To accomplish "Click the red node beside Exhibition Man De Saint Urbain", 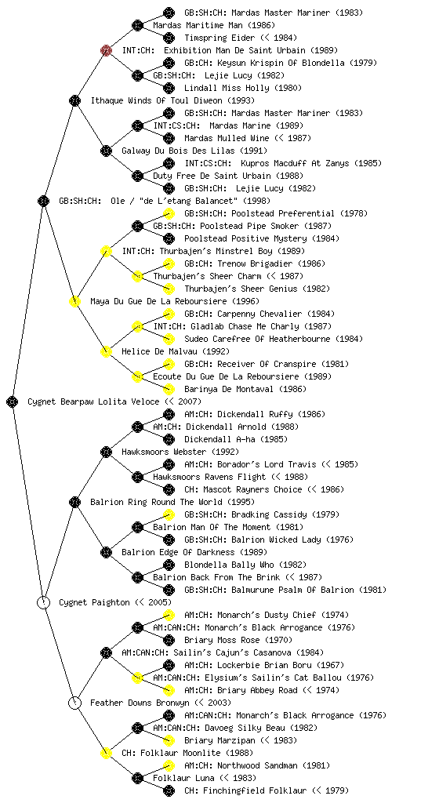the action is point(106,50).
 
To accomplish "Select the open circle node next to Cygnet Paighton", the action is point(43,602).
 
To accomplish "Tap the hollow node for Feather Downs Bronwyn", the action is point(74,703).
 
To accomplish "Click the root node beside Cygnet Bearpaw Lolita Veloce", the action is point(13,401).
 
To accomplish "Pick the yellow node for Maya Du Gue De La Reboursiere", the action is point(74,301).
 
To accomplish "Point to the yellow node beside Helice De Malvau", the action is point(106,351).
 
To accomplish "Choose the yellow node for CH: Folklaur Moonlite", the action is point(106,753).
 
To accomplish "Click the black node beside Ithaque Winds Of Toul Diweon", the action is point(74,100).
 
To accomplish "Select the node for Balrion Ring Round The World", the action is point(74,502).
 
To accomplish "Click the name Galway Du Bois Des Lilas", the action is point(177,151).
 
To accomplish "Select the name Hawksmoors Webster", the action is point(164,452).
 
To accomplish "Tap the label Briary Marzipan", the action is point(219,740).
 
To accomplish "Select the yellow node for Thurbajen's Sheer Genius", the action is point(169,289).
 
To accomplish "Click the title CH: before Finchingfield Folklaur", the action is point(191,790).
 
